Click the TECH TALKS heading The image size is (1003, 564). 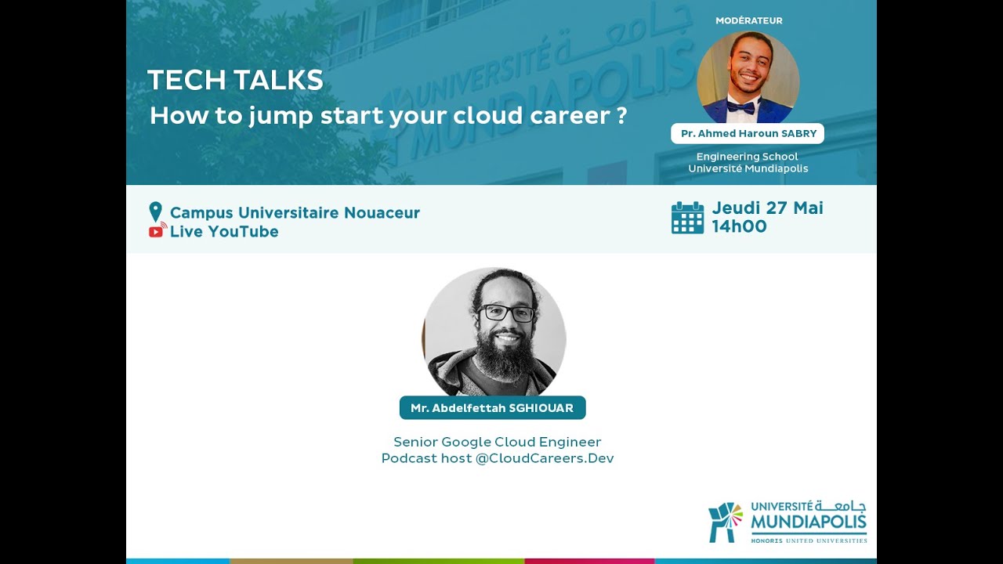(x=235, y=80)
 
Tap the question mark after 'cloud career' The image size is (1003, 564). (x=621, y=116)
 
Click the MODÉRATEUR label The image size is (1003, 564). (x=748, y=20)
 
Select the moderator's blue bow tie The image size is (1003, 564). (x=740, y=107)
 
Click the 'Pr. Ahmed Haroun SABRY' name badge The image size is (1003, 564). (x=748, y=134)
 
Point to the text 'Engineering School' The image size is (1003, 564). (x=747, y=157)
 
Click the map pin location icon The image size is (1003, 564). (x=155, y=211)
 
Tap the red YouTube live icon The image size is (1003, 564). (x=157, y=231)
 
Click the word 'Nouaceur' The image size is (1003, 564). (x=382, y=212)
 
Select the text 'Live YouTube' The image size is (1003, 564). (x=224, y=232)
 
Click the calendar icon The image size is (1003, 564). (x=687, y=218)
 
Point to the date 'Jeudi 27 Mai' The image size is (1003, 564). (x=767, y=208)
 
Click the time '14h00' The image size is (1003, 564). (x=739, y=227)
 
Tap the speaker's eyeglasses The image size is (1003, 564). (x=507, y=313)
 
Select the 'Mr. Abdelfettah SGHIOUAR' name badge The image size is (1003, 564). (x=492, y=408)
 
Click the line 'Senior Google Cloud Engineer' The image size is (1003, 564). (x=497, y=442)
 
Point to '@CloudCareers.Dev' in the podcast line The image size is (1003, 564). (x=545, y=458)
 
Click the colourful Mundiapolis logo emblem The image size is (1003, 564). (x=726, y=522)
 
